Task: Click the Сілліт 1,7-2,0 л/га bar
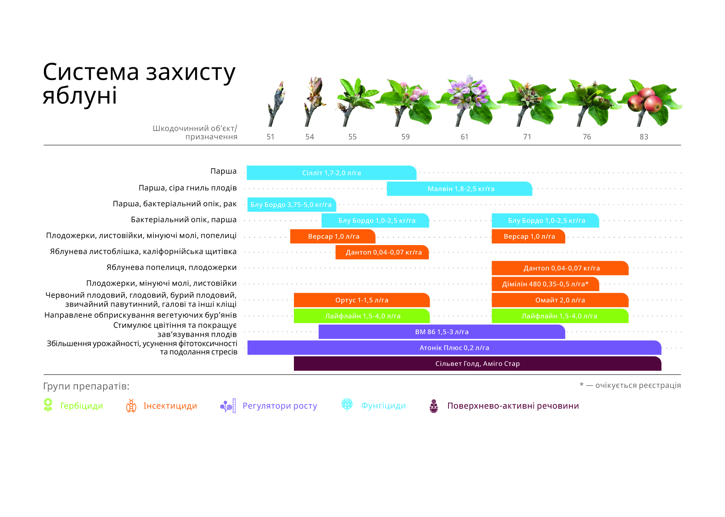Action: point(331,173)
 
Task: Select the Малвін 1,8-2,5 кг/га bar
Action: point(459,188)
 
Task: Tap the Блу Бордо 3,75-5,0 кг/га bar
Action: point(292,205)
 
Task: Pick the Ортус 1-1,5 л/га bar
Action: point(362,300)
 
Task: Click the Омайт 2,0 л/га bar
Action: point(560,300)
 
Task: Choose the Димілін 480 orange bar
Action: point(545,284)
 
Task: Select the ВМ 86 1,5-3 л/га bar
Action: point(442,332)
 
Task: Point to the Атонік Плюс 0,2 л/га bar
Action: point(455,348)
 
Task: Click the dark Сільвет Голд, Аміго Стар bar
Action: point(478,364)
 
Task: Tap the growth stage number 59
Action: point(406,137)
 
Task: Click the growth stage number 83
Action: point(644,137)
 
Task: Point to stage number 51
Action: point(270,137)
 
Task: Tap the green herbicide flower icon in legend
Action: point(48,405)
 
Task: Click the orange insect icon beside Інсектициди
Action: point(131,406)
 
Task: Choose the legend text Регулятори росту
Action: point(279,406)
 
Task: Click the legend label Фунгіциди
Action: point(383,406)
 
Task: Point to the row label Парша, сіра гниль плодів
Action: point(188,188)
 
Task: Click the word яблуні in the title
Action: point(80,96)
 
